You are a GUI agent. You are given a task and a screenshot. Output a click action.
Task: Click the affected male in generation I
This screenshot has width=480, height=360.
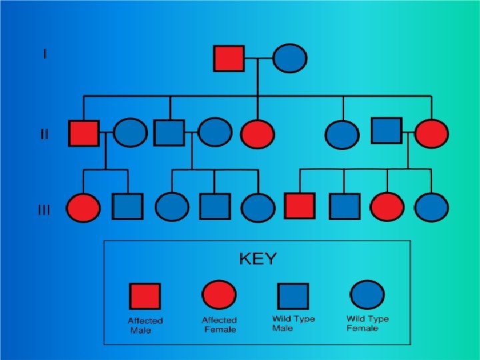click(229, 58)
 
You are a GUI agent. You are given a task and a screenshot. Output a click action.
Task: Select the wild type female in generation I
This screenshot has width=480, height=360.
click(290, 58)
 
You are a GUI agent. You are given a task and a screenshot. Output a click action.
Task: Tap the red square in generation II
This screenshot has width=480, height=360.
click(84, 133)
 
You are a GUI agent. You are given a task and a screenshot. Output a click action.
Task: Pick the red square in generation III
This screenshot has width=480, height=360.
click(299, 206)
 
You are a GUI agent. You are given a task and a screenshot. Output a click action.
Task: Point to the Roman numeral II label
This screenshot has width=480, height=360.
click(44, 134)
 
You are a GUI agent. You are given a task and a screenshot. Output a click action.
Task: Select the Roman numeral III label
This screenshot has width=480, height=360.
click(44, 211)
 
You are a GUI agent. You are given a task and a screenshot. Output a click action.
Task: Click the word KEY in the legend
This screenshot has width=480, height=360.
click(257, 259)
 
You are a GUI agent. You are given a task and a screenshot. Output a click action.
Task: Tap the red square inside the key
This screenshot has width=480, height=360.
click(145, 297)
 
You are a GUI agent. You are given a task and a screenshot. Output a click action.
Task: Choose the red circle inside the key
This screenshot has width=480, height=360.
click(219, 295)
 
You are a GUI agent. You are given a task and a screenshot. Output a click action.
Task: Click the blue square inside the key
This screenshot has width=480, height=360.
click(293, 296)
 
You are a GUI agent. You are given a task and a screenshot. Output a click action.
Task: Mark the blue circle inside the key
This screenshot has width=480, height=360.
click(367, 295)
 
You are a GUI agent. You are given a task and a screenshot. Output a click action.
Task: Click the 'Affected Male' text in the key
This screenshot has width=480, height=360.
click(145, 325)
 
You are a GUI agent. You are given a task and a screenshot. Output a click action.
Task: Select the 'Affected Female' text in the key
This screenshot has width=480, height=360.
click(219, 325)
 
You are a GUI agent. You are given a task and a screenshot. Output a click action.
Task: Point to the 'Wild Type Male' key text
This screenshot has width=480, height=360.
click(293, 323)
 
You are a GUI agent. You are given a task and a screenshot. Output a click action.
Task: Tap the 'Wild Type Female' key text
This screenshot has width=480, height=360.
click(367, 323)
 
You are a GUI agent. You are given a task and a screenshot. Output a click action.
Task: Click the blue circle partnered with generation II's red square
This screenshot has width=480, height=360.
click(130, 133)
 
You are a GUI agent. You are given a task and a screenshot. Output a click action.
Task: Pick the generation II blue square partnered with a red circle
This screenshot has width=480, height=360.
click(386, 131)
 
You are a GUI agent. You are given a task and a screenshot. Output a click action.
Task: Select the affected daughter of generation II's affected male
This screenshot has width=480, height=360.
click(84, 207)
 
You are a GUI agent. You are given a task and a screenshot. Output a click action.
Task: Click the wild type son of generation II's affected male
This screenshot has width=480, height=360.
click(127, 207)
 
